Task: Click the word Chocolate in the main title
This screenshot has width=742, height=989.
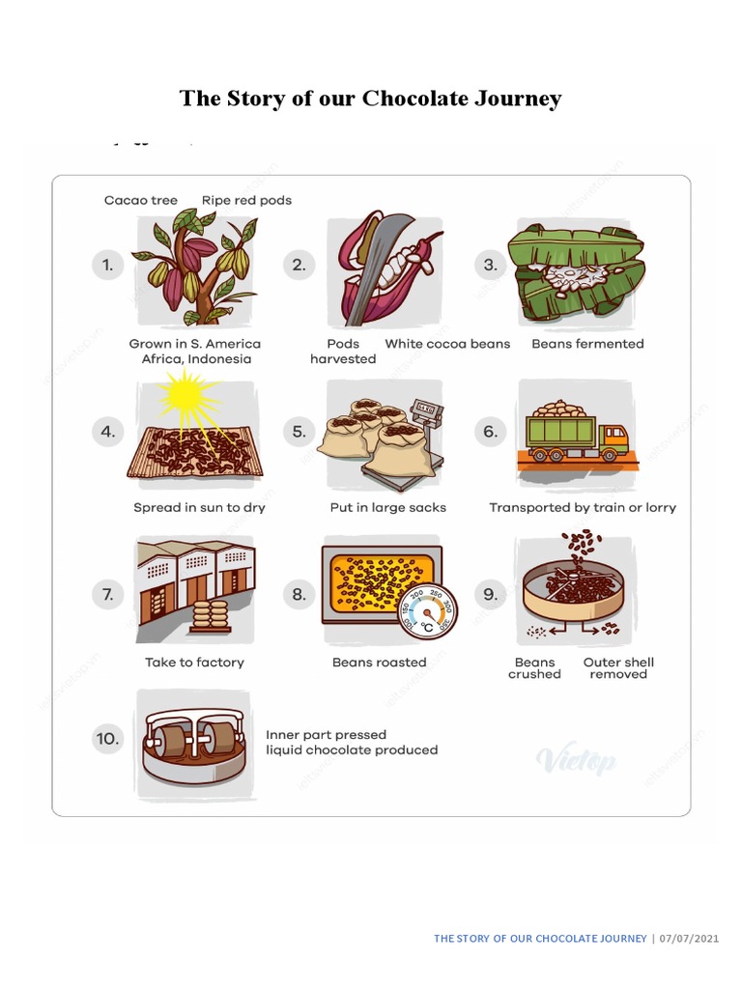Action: pyautogui.click(x=413, y=99)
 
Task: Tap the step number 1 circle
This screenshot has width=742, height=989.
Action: pyautogui.click(x=108, y=265)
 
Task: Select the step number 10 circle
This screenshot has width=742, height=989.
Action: pyautogui.click(x=108, y=740)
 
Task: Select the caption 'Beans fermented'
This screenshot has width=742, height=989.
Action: pyautogui.click(x=587, y=344)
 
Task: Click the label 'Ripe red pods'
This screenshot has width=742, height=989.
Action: pyautogui.click(x=246, y=201)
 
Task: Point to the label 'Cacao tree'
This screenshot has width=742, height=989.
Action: pyautogui.click(x=141, y=201)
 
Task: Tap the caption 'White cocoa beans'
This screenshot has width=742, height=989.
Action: pyautogui.click(x=447, y=344)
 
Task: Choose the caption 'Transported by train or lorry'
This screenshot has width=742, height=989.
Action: pyautogui.click(x=583, y=508)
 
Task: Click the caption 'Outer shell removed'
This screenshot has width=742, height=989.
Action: pyautogui.click(x=618, y=668)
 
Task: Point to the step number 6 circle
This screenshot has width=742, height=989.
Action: pyautogui.click(x=491, y=431)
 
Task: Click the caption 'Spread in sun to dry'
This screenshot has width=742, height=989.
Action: pyautogui.click(x=199, y=508)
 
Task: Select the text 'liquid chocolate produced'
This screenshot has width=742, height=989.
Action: pyautogui.click(x=352, y=750)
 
